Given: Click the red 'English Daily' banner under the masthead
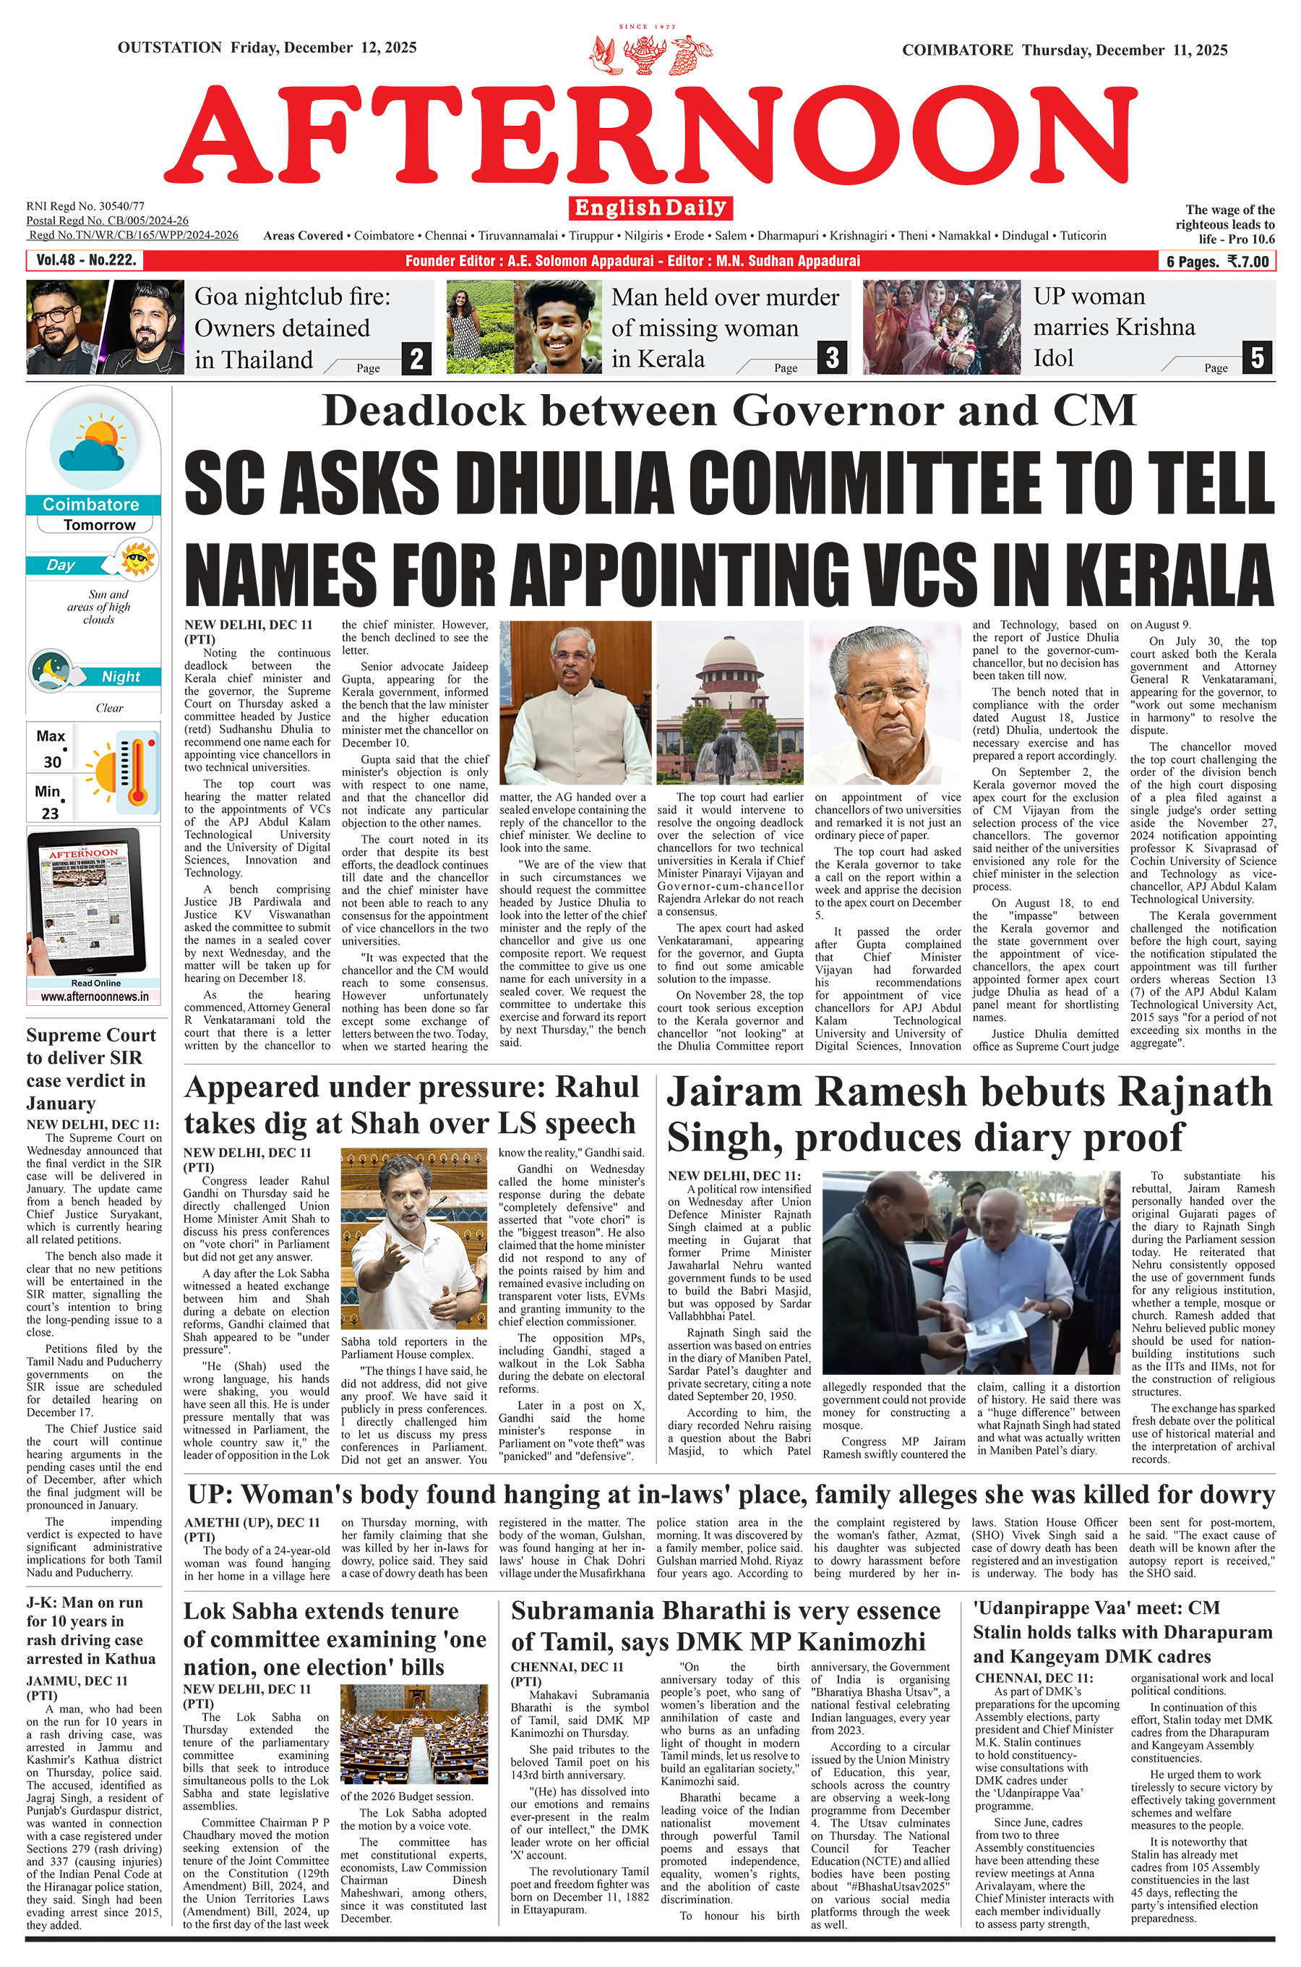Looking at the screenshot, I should [x=650, y=208].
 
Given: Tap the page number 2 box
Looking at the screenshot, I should [x=416, y=359].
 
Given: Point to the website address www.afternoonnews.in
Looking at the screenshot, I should [x=95, y=997].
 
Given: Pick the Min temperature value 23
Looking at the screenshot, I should [x=51, y=813].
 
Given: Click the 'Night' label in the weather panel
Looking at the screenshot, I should [x=121, y=676].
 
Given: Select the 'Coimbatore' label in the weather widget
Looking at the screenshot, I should [x=90, y=505].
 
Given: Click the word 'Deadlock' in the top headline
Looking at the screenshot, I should [x=424, y=411].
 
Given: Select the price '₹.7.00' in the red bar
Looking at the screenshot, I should [x=1248, y=262].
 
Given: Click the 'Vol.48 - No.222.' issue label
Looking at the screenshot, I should [x=85, y=260].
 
